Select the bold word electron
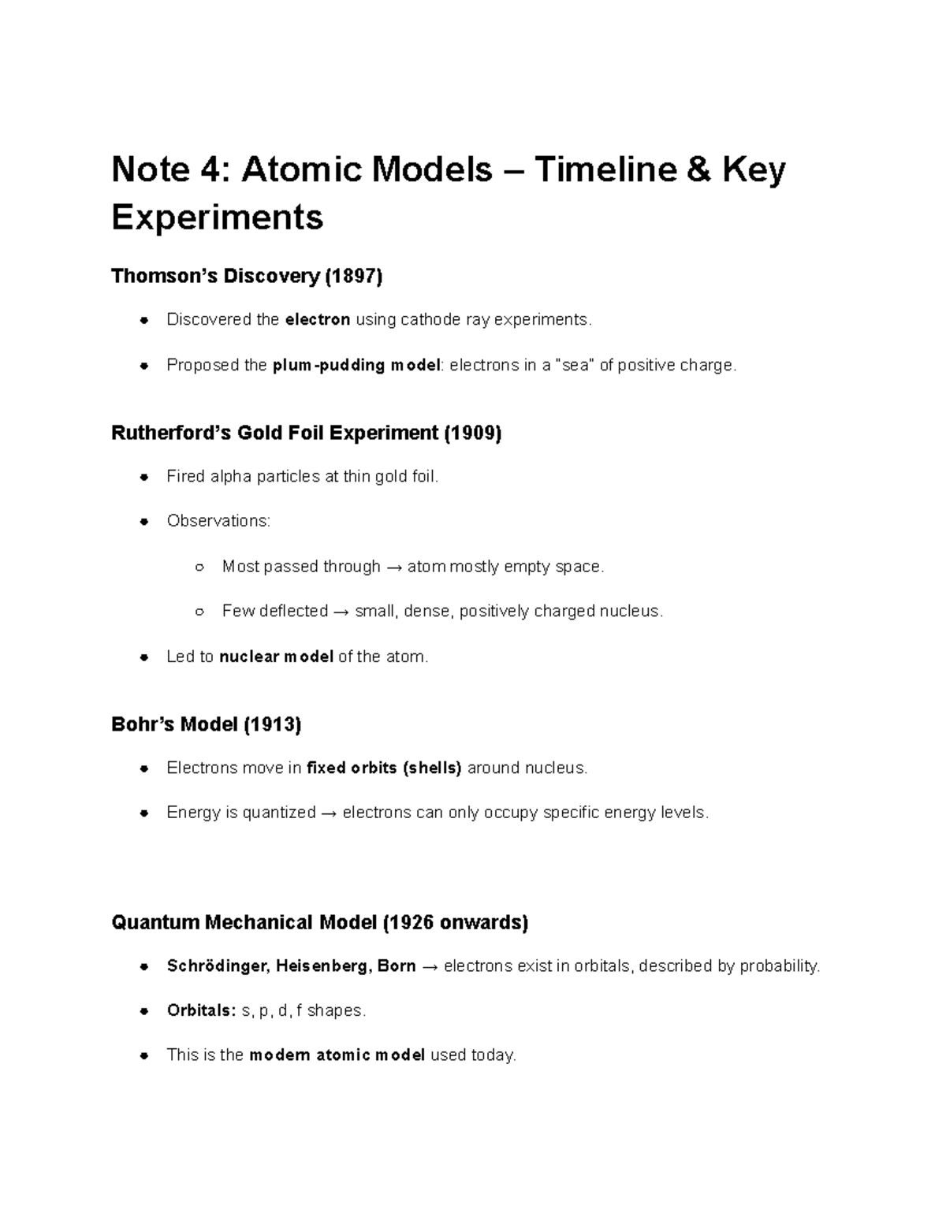[317, 319]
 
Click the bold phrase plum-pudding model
[356, 365]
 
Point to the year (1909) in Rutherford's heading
[472, 433]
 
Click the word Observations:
[218, 521]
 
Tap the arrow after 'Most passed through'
[394, 567]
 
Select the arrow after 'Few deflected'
[341, 612]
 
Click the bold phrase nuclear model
[276, 657]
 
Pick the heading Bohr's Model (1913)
[207, 724]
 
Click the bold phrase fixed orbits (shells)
[384, 768]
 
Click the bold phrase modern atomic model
[337, 1055]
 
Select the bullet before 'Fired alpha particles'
[143, 477]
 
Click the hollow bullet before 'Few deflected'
[199, 612]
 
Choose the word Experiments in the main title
[218, 217]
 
